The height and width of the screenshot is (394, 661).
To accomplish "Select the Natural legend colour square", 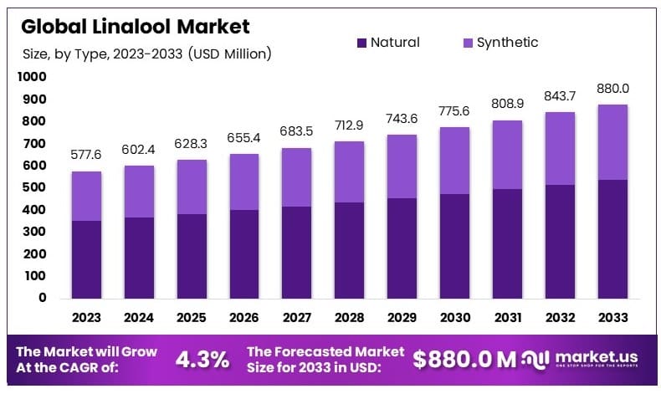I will click(361, 43).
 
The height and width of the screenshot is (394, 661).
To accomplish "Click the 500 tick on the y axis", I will click(34, 187).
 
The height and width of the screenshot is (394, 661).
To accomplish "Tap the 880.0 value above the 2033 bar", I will click(613, 89).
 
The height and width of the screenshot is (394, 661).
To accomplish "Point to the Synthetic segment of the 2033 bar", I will click(613, 142).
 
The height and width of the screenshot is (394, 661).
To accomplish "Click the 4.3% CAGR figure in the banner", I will click(202, 360).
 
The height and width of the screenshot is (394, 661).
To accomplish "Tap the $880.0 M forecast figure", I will click(464, 360).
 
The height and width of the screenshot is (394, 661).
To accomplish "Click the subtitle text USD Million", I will click(231, 54).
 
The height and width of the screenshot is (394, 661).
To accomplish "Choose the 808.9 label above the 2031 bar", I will click(507, 105).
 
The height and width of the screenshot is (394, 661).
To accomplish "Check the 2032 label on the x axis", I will click(561, 318).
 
